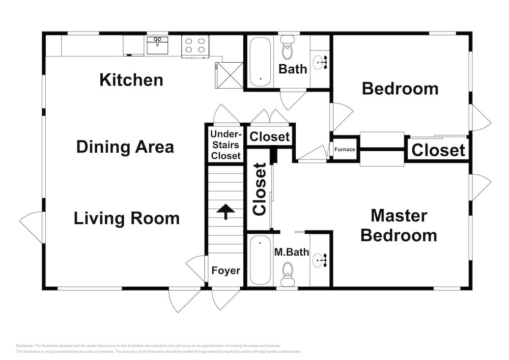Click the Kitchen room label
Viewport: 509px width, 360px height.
131,80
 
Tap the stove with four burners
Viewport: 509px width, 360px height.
195,45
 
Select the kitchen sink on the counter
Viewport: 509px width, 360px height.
157,45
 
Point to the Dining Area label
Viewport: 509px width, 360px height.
125,147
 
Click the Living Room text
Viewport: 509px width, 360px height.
126,218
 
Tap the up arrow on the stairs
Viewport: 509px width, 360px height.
225,211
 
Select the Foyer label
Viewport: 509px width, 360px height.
225,270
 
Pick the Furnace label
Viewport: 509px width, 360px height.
345,150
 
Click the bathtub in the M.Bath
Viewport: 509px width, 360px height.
261,260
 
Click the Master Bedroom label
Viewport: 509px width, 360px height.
399,225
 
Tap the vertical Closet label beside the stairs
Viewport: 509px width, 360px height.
260,189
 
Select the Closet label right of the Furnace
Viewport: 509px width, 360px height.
438,150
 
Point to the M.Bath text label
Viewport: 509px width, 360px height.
292,251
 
